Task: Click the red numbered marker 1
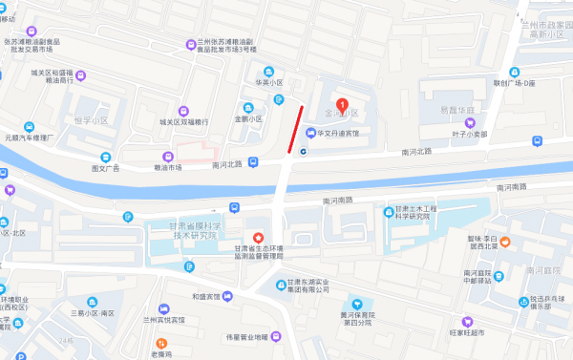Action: [343, 104]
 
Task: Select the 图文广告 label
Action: [105, 168]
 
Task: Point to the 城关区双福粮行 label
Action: [183, 121]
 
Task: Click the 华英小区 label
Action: [268, 83]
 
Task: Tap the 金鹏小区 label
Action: [247, 119]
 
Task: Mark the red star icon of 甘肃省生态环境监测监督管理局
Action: [256, 237]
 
